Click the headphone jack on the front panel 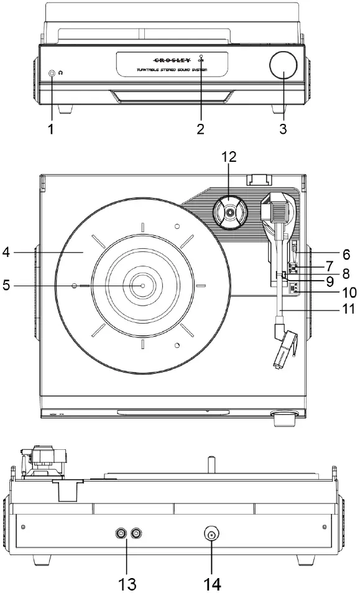pos(52,73)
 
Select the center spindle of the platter pos(142,286)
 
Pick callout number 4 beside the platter pos(7,253)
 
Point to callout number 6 pos(346,254)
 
